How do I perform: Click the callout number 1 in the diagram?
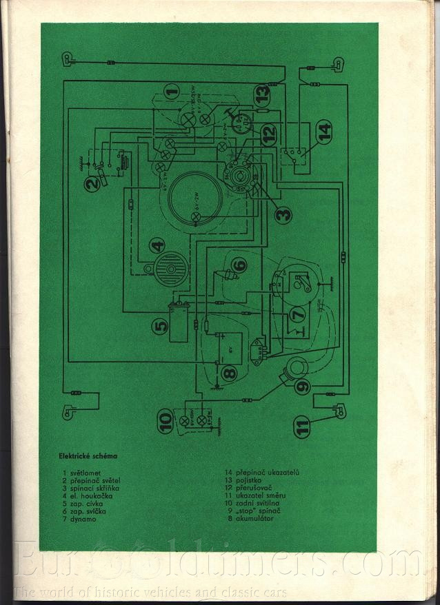[x=172, y=88]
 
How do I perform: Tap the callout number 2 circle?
[x=92, y=184]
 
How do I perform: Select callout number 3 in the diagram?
[x=281, y=215]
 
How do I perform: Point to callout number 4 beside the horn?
[x=158, y=245]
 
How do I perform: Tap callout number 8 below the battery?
[x=230, y=373]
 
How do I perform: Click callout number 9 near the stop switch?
[x=302, y=387]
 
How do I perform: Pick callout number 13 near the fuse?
[x=260, y=92]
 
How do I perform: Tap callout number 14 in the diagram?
[x=324, y=128]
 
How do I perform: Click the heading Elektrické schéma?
[x=89, y=456]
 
